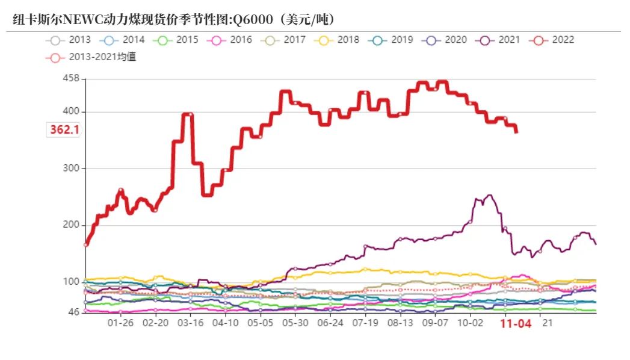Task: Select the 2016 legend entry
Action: point(231,40)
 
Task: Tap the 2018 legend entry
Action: point(339,40)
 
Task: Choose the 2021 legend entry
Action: point(499,40)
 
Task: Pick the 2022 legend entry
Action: point(553,40)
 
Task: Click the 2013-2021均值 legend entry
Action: point(91,58)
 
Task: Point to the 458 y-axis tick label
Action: point(71,79)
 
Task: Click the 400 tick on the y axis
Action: point(71,112)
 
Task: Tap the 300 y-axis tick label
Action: point(71,169)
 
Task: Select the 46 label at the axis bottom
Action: point(73,312)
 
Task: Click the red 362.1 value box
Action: point(64,129)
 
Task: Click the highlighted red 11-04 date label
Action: point(516,324)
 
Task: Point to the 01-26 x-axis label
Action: point(120,323)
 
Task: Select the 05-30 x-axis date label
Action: point(295,323)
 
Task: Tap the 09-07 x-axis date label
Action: point(435,323)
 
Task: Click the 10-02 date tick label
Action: point(470,323)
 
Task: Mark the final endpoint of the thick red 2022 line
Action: point(516,132)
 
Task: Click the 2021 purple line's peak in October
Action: point(489,195)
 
